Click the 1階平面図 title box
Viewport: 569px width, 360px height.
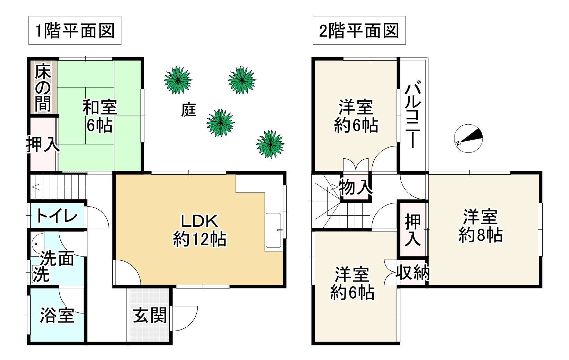click(x=75, y=31)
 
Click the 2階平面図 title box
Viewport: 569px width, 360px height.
click(x=359, y=31)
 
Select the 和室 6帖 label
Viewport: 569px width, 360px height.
click(x=100, y=116)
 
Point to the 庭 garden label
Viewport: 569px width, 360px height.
click(x=189, y=110)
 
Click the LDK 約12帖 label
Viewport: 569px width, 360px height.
click(x=199, y=230)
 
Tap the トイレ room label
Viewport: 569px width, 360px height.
click(x=57, y=216)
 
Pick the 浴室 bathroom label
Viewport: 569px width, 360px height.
click(x=57, y=315)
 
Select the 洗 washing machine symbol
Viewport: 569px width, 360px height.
click(x=41, y=274)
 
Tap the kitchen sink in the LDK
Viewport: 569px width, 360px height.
click(x=274, y=231)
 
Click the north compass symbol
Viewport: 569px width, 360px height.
click(x=468, y=138)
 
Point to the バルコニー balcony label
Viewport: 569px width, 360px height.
click(x=413, y=115)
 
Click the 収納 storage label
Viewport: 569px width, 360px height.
click(x=413, y=273)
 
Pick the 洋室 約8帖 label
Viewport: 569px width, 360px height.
click(x=481, y=226)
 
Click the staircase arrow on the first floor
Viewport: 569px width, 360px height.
click(x=35, y=187)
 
